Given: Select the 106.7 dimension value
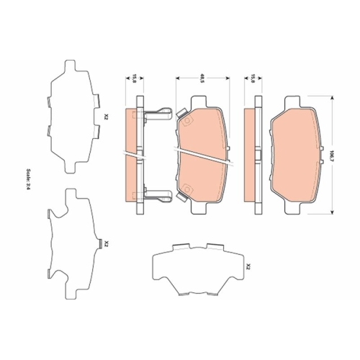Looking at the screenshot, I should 333,154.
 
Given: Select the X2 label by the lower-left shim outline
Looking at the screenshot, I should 105,244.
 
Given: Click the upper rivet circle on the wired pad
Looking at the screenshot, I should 186,120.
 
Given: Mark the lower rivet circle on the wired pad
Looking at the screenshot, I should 186,190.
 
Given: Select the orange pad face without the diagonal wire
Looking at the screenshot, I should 296,155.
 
